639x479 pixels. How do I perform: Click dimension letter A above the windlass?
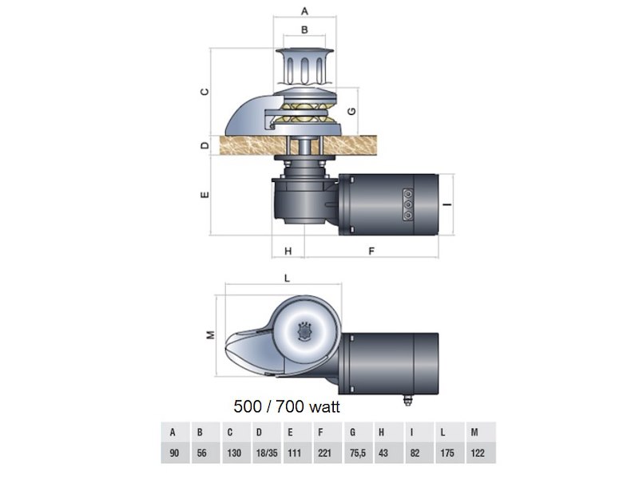(x=304, y=10)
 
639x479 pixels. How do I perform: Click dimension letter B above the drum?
(x=304, y=30)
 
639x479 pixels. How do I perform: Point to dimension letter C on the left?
(x=204, y=91)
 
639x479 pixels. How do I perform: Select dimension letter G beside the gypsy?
(x=351, y=109)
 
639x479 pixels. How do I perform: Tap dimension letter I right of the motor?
(x=449, y=204)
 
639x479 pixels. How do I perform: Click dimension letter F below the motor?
(x=371, y=251)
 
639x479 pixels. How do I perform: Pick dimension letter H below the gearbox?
(x=288, y=251)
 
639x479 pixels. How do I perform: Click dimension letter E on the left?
(x=204, y=194)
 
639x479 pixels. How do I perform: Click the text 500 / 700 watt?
(x=287, y=406)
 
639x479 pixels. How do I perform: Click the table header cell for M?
(x=476, y=433)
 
